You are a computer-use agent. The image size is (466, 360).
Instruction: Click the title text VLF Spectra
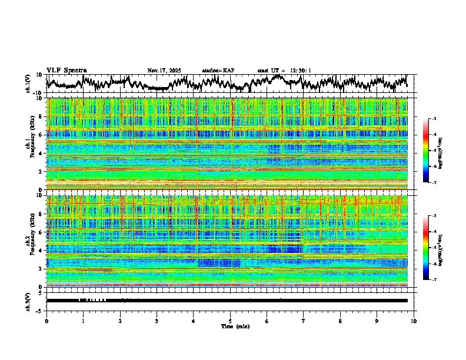coord(66,70)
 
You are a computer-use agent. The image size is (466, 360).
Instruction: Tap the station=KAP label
coord(218,71)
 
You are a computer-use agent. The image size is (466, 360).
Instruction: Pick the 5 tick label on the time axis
coord(230,321)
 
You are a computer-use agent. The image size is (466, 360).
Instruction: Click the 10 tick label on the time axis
coord(414,321)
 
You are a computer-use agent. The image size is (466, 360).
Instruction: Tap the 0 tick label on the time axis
coord(46,321)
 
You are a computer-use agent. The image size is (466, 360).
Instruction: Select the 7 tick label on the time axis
coord(304,321)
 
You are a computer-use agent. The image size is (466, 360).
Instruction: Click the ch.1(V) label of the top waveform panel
coord(29,83)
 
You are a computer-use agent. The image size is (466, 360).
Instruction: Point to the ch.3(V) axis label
coord(29,300)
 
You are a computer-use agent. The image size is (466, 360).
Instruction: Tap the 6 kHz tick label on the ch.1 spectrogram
coord(41,135)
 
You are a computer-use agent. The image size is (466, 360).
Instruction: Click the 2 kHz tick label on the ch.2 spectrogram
coord(41,268)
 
